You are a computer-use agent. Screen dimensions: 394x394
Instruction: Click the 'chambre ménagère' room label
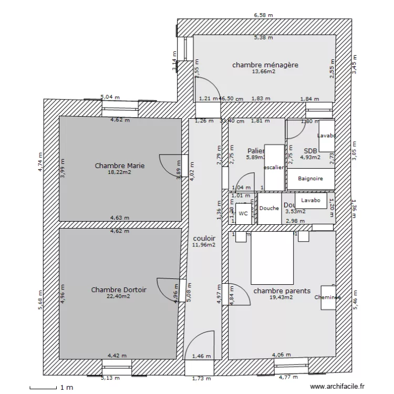click(x=265, y=65)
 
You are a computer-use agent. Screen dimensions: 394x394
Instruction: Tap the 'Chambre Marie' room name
click(x=119, y=165)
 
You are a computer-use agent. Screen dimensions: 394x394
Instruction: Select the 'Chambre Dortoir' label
click(x=119, y=289)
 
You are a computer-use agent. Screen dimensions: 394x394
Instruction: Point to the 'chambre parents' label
click(x=282, y=291)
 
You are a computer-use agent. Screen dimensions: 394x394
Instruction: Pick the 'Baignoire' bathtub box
click(x=310, y=179)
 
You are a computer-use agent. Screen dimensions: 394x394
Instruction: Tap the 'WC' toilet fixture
click(x=243, y=214)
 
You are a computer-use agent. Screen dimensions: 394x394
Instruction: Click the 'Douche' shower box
click(x=269, y=208)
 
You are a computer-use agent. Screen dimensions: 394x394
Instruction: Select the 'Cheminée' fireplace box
click(x=327, y=297)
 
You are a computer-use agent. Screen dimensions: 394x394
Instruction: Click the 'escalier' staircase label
click(x=274, y=168)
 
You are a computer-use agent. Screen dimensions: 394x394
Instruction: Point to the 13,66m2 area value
click(x=264, y=71)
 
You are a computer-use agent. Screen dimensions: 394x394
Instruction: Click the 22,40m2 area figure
click(x=119, y=296)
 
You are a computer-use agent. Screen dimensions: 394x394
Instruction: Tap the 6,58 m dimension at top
click(x=264, y=15)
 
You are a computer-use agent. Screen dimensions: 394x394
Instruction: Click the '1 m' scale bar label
click(x=66, y=388)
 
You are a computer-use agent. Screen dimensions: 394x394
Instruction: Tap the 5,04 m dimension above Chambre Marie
click(x=110, y=97)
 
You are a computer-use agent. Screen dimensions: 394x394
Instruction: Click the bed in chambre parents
click(x=271, y=258)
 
